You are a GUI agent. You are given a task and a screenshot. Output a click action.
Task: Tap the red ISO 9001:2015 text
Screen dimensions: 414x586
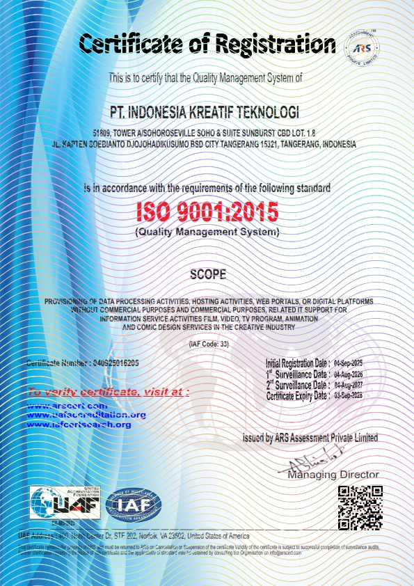[207, 209]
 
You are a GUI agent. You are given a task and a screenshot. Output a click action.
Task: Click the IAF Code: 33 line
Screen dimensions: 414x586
[207, 345]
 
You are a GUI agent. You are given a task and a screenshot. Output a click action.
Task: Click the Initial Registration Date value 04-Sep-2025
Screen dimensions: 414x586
[349, 363]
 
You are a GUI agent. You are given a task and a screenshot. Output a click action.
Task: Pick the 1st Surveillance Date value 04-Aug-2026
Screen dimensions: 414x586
[349, 374]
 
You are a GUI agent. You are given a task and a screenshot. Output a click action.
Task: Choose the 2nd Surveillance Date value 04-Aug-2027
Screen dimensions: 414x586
[349, 385]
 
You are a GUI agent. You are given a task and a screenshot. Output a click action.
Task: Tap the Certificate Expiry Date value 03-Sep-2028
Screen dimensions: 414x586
[349, 395]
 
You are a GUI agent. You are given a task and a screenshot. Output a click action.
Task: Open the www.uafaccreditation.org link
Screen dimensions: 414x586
[86, 415]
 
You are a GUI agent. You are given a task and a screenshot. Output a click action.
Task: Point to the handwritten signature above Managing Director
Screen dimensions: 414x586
[311, 463]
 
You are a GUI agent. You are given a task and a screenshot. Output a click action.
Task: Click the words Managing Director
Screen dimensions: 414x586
[333, 475]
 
